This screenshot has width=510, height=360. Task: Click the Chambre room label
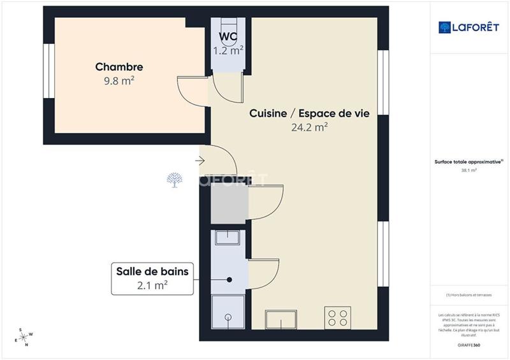coord(119,67)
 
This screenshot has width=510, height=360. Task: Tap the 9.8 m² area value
coord(119,81)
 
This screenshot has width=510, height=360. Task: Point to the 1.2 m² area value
coord(228,48)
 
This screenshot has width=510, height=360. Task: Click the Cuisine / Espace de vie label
coord(309,113)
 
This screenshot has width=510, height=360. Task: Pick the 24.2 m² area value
coord(309,127)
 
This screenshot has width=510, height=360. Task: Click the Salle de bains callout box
coord(152,278)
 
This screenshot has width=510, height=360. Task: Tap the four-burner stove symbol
coord(338,317)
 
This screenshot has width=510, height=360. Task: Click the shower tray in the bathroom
coord(228,313)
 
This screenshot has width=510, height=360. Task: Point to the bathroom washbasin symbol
coord(228,238)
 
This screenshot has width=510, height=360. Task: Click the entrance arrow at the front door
coord(201,160)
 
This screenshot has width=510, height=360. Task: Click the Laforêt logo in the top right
coord(469,27)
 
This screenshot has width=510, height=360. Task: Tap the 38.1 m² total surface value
coord(469,171)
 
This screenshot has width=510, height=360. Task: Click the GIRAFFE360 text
coord(469,345)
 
